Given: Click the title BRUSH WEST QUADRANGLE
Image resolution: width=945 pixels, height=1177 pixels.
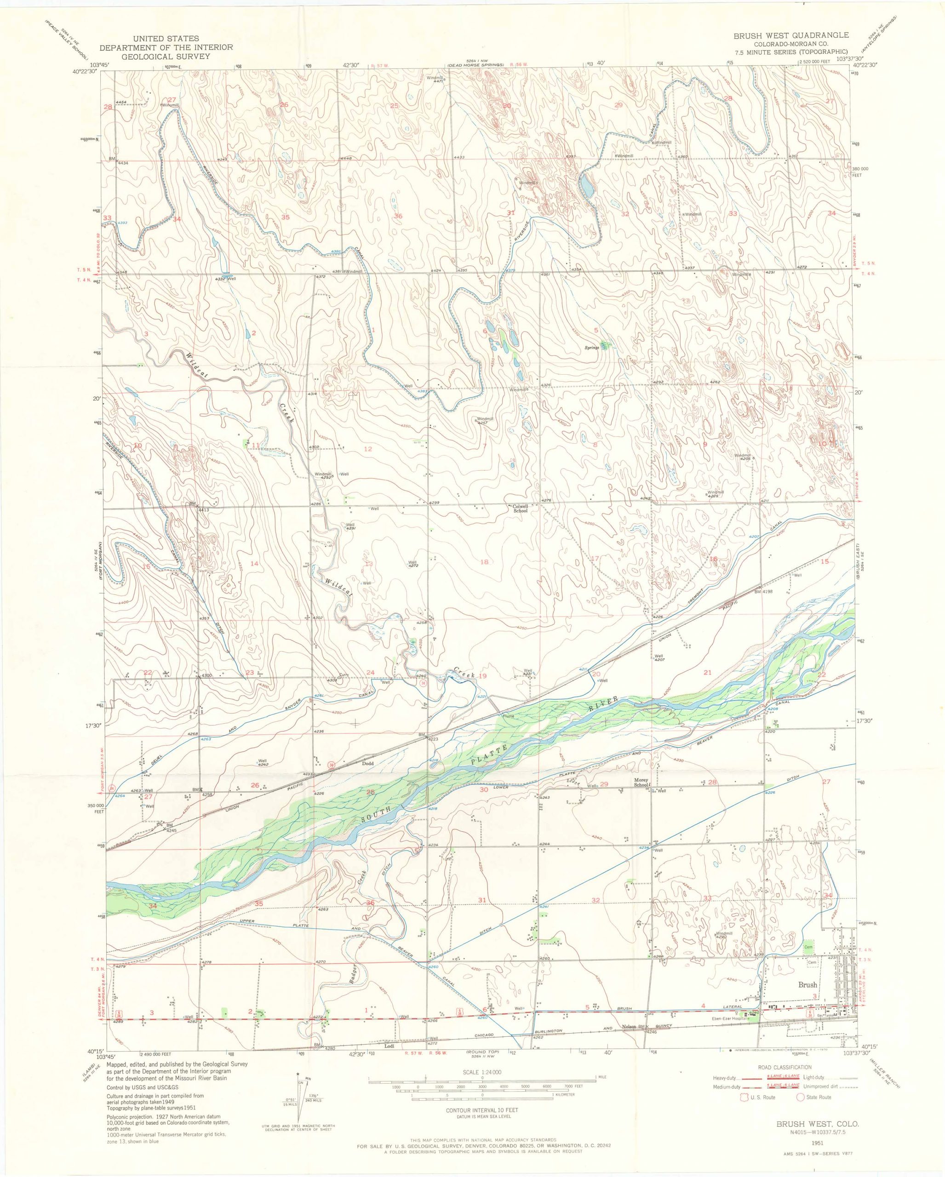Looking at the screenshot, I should pyautogui.click(x=790, y=35).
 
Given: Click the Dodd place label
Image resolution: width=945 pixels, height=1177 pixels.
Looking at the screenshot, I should pyautogui.click(x=367, y=764).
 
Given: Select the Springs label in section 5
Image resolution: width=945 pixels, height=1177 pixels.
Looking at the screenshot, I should pyautogui.click(x=592, y=348).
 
